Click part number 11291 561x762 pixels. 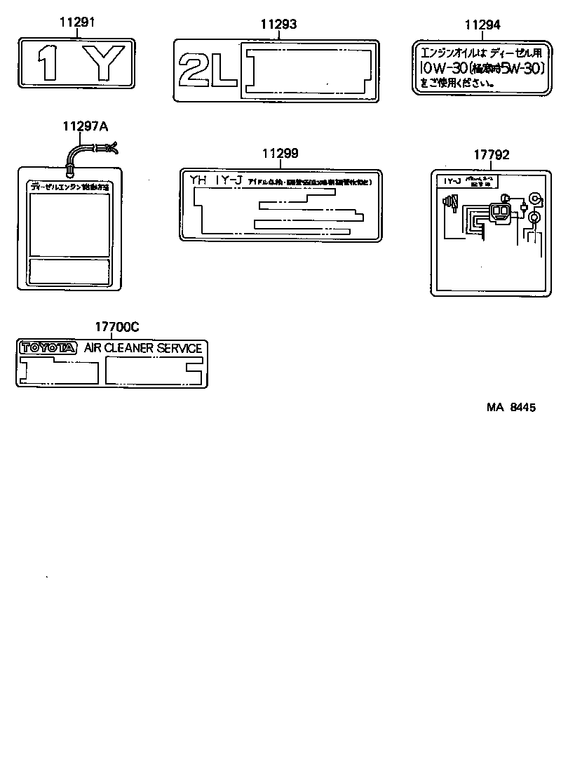tap(76, 23)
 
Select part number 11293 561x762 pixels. tap(279, 24)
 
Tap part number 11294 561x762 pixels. tap(482, 25)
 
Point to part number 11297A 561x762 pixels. tap(86, 126)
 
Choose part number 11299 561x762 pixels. tap(280, 153)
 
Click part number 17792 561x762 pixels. tap(491, 155)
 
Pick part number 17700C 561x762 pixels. tap(117, 326)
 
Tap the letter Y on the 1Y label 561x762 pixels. tap(102, 62)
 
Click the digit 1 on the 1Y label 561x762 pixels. tap(48, 62)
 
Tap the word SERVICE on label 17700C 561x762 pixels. tap(180, 348)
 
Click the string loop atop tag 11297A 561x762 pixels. tap(90, 152)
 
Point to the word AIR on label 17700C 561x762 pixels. tap(93, 348)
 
